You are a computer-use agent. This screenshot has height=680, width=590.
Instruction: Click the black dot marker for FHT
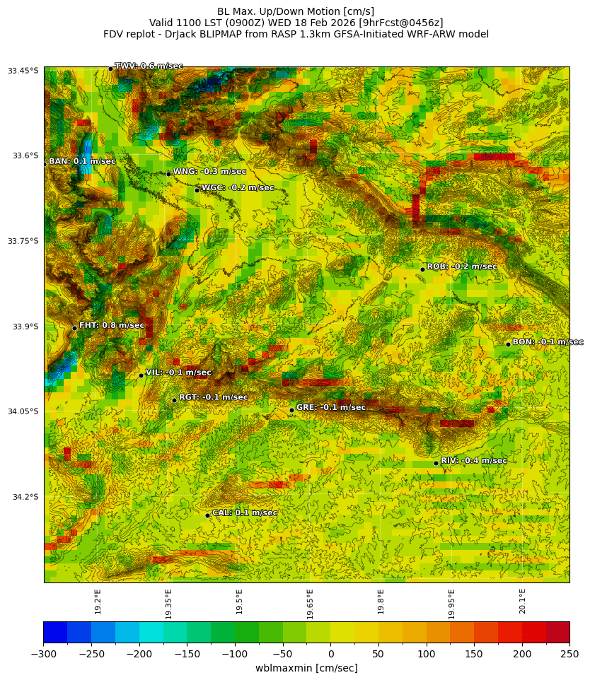(74, 328)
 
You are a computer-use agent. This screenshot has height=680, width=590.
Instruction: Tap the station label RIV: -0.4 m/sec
(473, 461)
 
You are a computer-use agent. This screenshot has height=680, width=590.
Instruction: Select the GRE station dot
(291, 410)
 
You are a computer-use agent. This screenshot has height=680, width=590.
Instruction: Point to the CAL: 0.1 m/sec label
(245, 512)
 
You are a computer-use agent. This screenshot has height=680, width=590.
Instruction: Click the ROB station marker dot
(422, 269)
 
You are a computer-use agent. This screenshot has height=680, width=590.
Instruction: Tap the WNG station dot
(168, 174)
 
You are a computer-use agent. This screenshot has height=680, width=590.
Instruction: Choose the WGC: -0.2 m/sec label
(237, 188)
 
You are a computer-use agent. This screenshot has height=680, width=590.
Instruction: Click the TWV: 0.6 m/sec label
(149, 66)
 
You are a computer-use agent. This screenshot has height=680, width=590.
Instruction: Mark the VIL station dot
(141, 375)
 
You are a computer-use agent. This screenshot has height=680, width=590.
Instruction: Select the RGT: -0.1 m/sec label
(213, 397)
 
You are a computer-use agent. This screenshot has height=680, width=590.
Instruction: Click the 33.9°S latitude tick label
(24, 327)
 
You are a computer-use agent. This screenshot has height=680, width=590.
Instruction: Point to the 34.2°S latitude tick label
(24, 497)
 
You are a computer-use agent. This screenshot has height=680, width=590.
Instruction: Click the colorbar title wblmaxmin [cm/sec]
(306, 668)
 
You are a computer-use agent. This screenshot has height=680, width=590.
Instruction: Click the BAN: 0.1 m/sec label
(81, 162)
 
